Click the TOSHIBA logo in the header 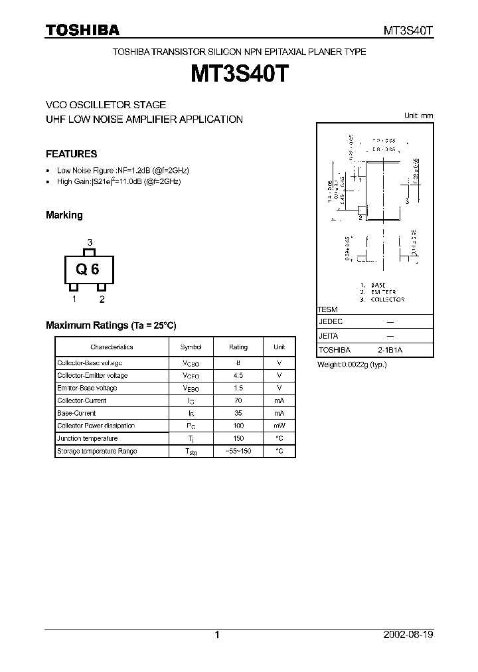pyautogui.click(x=82, y=30)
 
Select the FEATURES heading pyautogui.click(x=72, y=154)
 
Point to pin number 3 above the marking pyautogui.click(x=90, y=242)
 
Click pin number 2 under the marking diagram pyautogui.click(x=102, y=299)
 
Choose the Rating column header pyautogui.click(x=238, y=347)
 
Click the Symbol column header pyautogui.click(x=191, y=347)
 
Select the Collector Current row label pyautogui.click(x=82, y=400)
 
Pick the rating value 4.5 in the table pyautogui.click(x=238, y=375)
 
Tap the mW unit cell pyautogui.click(x=279, y=426)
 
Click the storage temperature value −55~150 pyautogui.click(x=238, y=451)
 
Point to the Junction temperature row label pyautogui.click(x=87, y=438)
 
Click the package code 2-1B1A pyautogui.click(x=390, y=350)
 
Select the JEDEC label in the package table pyautogui.click(x=331, y=321)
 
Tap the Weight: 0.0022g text pyautogui.click(x=352, y=365)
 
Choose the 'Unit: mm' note pyautogui.click(x=418, y=116)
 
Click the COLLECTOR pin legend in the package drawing pyautogui.click(x=386, y=299)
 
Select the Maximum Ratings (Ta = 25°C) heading pyautogui.click(x=111, y=325)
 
